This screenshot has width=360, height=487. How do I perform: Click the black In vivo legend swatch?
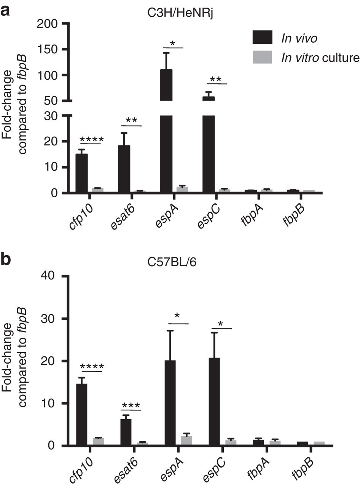coord(262,38)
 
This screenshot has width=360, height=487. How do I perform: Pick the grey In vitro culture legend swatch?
coord(262,57)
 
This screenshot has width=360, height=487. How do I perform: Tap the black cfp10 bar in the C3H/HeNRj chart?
coord(81,173)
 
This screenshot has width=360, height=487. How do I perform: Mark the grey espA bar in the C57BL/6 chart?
coord(187,441)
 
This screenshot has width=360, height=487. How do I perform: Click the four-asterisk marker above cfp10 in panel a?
coord(91,139)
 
